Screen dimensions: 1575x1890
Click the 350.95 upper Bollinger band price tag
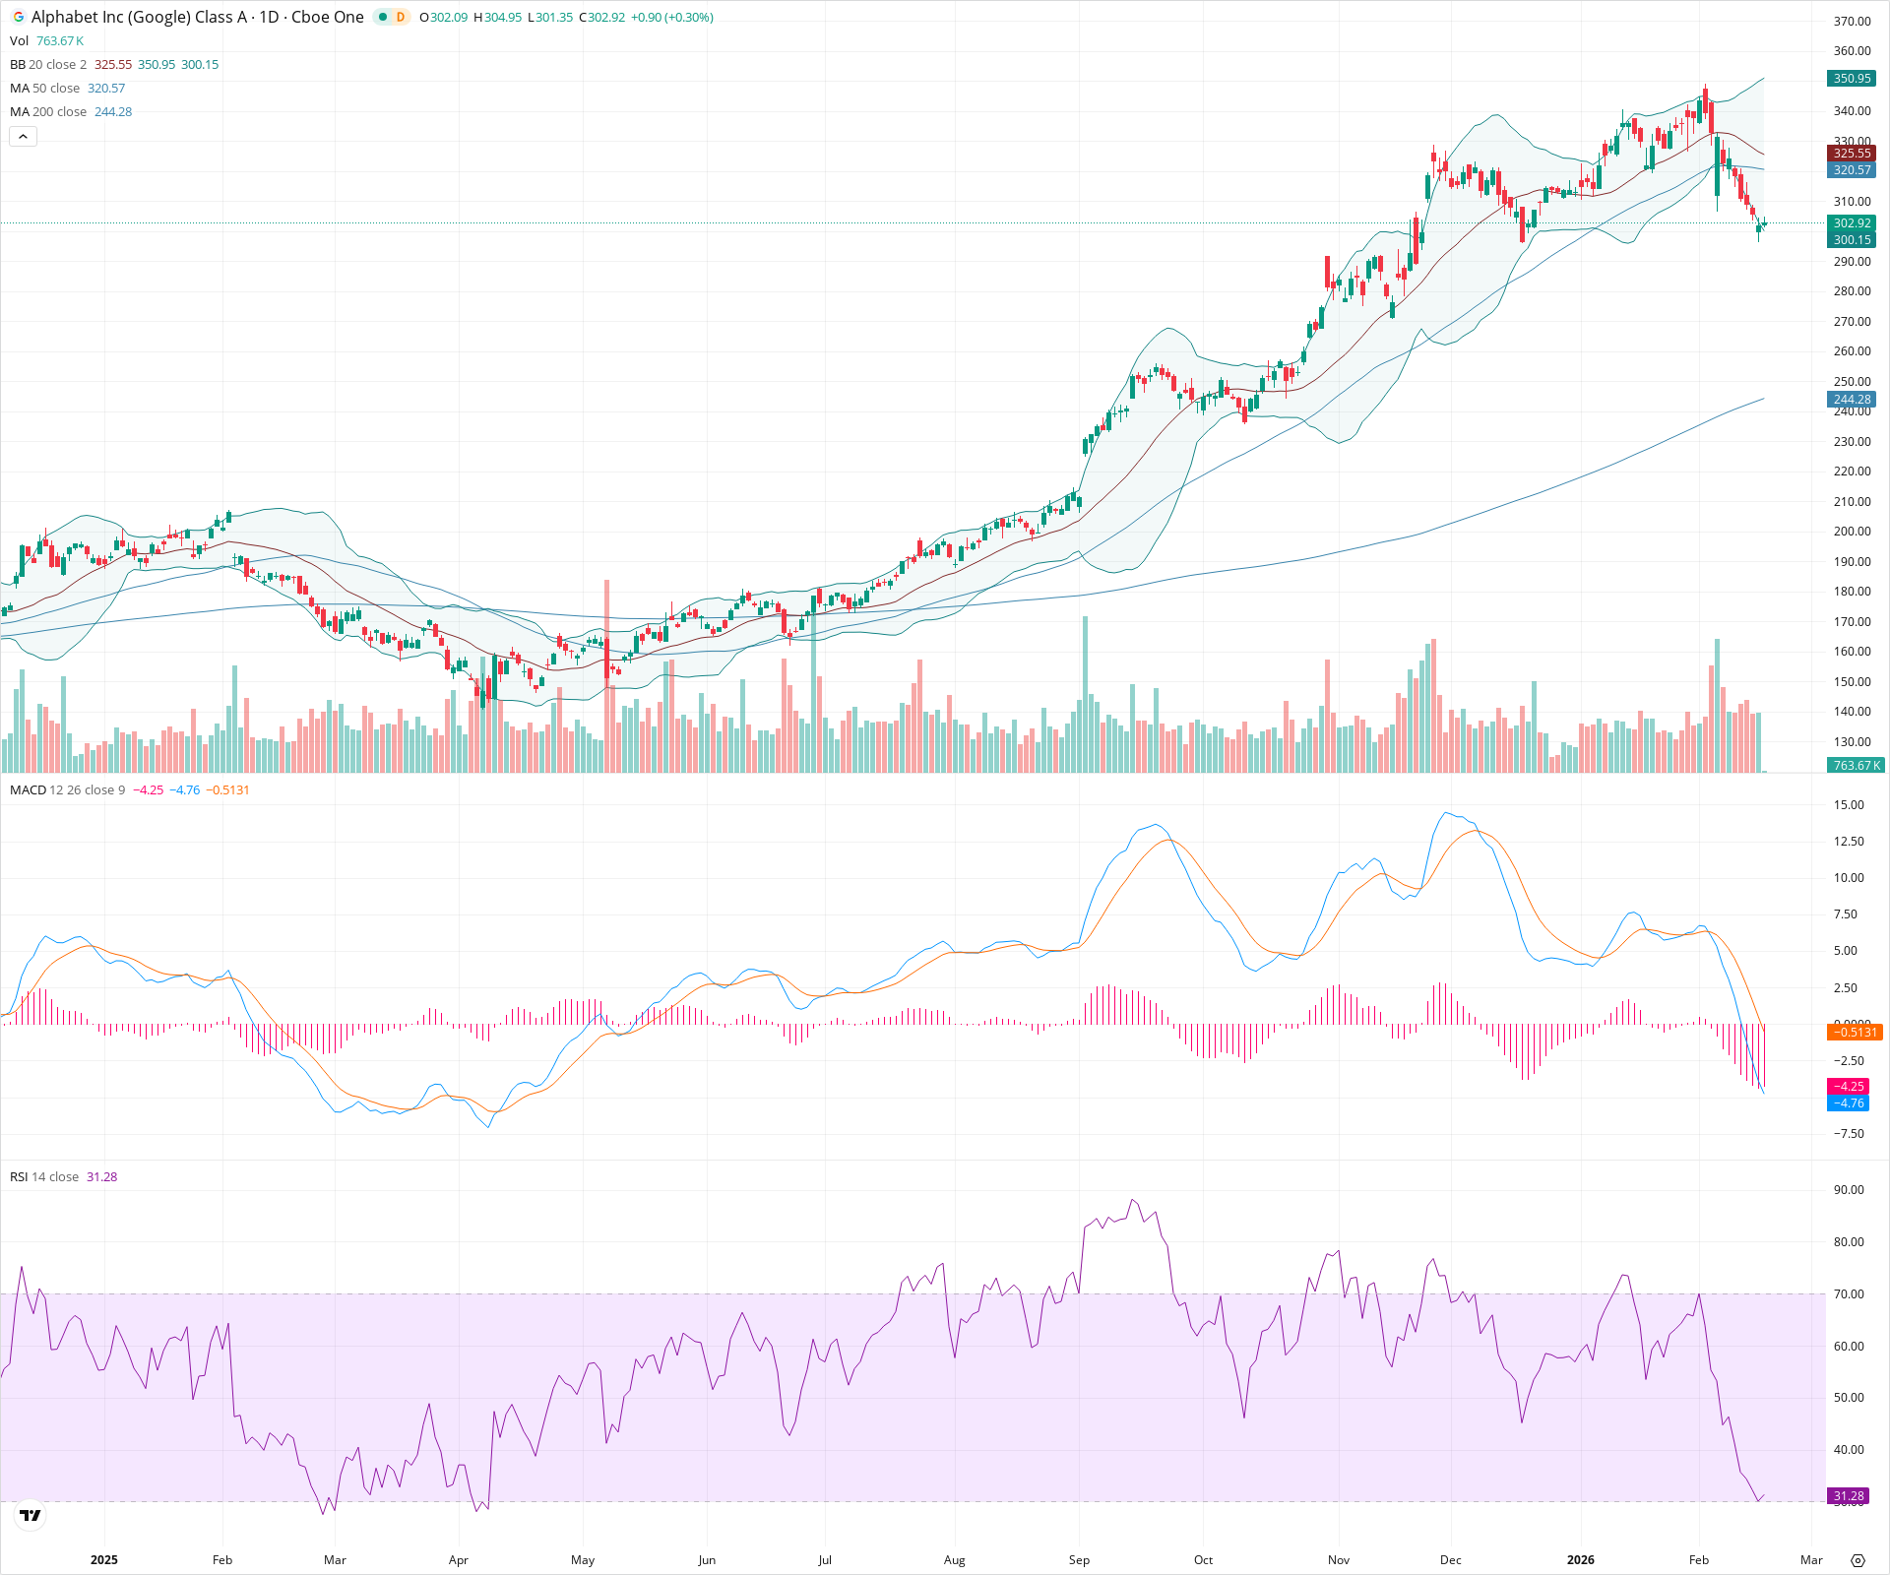point(1852,79)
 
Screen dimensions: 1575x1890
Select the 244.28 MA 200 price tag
point(1852,400)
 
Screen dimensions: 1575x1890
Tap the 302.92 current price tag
point(1852,223)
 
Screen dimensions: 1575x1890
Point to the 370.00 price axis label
point(1852,22)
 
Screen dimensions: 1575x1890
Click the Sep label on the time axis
point(1079,1560)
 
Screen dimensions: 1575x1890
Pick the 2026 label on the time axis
point(1580,1560)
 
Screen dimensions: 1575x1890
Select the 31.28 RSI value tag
point(1848,1496)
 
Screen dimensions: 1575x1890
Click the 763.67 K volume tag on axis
point(1856,765)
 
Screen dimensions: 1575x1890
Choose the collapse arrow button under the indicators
point(24,137)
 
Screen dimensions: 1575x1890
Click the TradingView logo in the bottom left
point(31,1515)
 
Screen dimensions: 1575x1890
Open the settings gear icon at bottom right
point(1858,1560)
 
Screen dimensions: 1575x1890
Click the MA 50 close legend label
point(46,89)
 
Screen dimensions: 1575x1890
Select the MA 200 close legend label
point(49,112)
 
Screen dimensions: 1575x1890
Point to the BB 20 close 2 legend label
point(48,65)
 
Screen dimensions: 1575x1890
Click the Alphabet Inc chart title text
point(197,18)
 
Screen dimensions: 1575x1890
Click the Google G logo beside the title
point(19,18)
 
